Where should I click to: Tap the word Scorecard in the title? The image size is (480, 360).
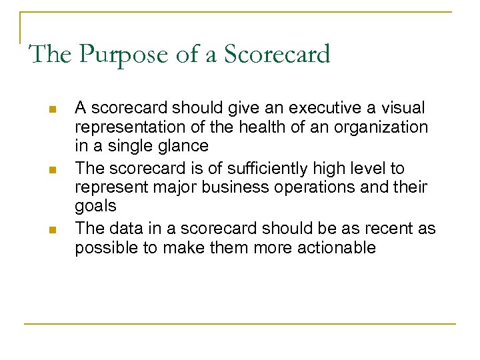tap(277, 54)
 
